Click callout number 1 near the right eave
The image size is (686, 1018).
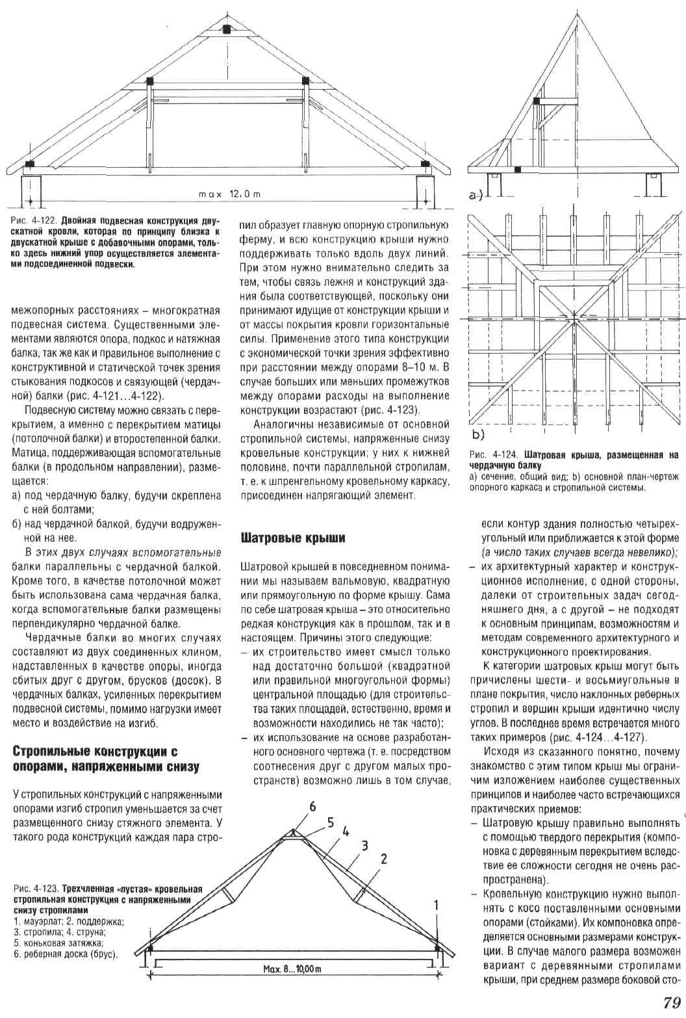[x=437, y=904]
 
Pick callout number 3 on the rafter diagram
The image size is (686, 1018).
[x=365, y=844]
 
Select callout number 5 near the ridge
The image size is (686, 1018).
[x=330, y=822]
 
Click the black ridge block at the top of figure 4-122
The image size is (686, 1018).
[x=226, y=29]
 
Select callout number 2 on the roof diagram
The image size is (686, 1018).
[x=384, y=859]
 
